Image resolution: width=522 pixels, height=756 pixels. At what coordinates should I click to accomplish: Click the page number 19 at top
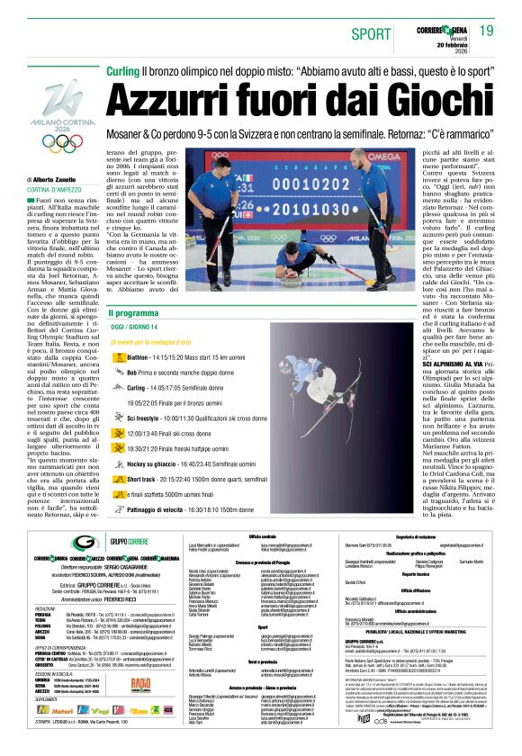[486, 31]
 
